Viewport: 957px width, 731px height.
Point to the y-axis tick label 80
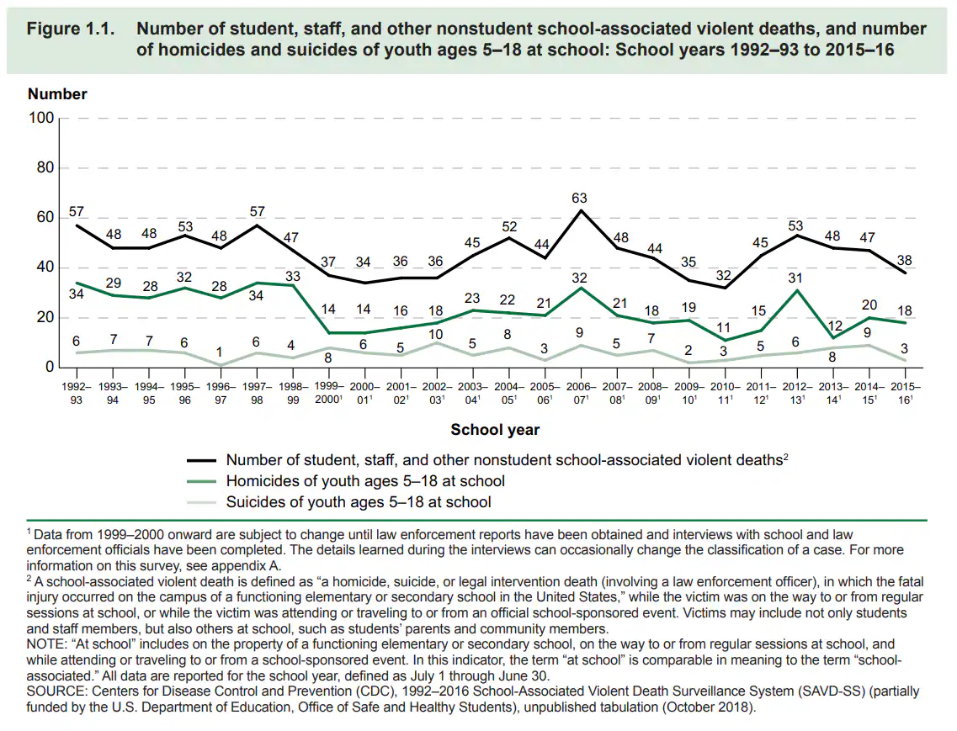(44, 168)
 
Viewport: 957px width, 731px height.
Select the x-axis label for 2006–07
(581, 394)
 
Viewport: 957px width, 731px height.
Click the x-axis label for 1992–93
(77, 394)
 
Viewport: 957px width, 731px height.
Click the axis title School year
(495, 430)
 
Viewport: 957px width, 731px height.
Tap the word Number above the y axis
(57, 94)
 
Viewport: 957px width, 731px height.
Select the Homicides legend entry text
(365, 481)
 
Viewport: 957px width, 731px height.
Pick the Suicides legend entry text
(359, 502)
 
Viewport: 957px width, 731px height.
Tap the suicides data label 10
(436, 334)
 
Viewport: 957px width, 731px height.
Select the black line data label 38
(905, 261)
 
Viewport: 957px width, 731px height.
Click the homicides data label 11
(725, 329)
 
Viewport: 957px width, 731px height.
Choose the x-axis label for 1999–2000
(329, 394)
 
